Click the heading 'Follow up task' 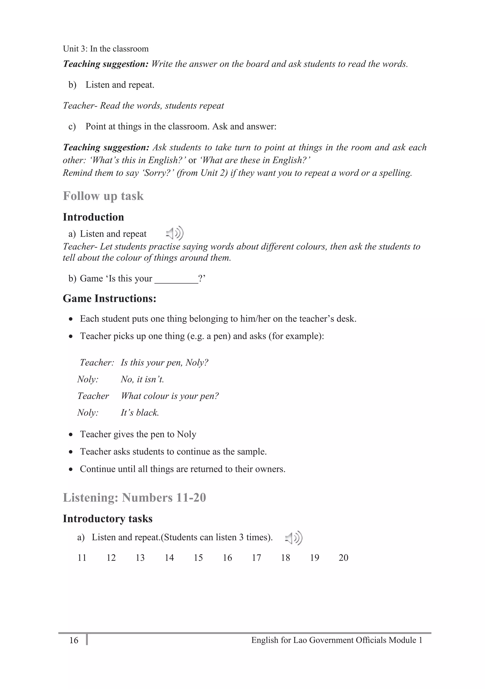103,196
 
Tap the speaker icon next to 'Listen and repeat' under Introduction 175,233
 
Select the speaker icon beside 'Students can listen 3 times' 294,538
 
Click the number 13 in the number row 140,558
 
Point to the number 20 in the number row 343,558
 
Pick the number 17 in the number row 256,558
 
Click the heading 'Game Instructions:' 109,299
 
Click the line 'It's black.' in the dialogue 140,413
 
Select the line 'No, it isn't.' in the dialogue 142,379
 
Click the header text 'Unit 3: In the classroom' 106,49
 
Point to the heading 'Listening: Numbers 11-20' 134,498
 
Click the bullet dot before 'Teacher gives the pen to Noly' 71,435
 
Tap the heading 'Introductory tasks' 107,519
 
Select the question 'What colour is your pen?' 170,396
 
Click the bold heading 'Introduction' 93,217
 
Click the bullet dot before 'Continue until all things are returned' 71,469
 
